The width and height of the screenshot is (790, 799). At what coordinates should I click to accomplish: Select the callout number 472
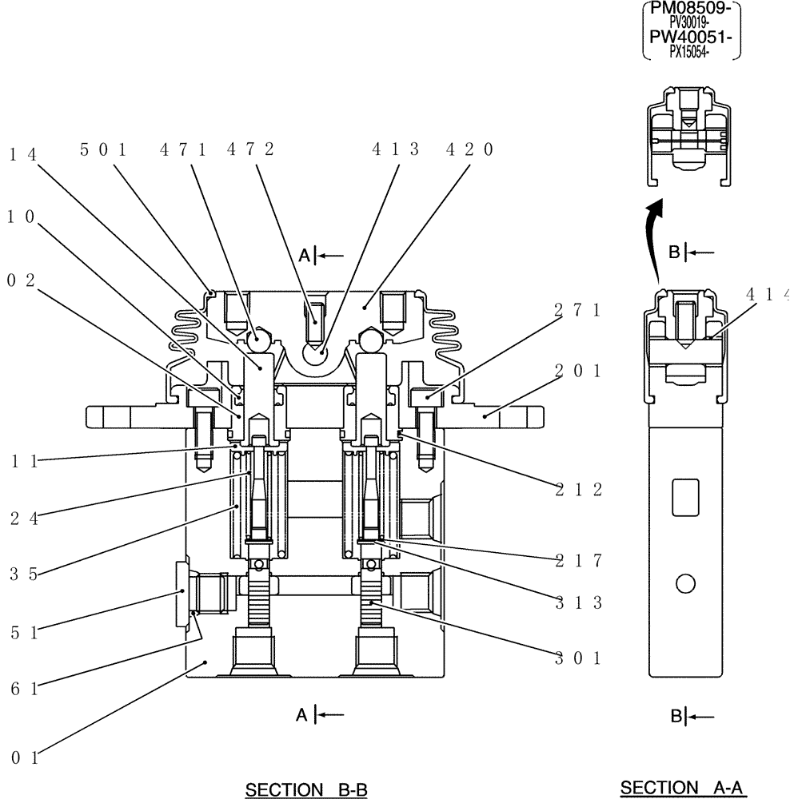tap(250, 149)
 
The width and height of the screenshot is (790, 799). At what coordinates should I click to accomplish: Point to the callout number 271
tap(577, 311)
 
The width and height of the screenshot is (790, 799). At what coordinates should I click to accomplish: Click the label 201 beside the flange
tap(577, 371)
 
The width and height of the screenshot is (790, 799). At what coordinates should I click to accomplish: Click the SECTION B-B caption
tap(306, 790)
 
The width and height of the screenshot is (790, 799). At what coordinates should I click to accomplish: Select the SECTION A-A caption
tap(682, 788)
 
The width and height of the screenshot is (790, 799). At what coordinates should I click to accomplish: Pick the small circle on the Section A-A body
tap(684, 585)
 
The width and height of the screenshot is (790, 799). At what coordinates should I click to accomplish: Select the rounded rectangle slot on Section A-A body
tap(685, 497)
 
